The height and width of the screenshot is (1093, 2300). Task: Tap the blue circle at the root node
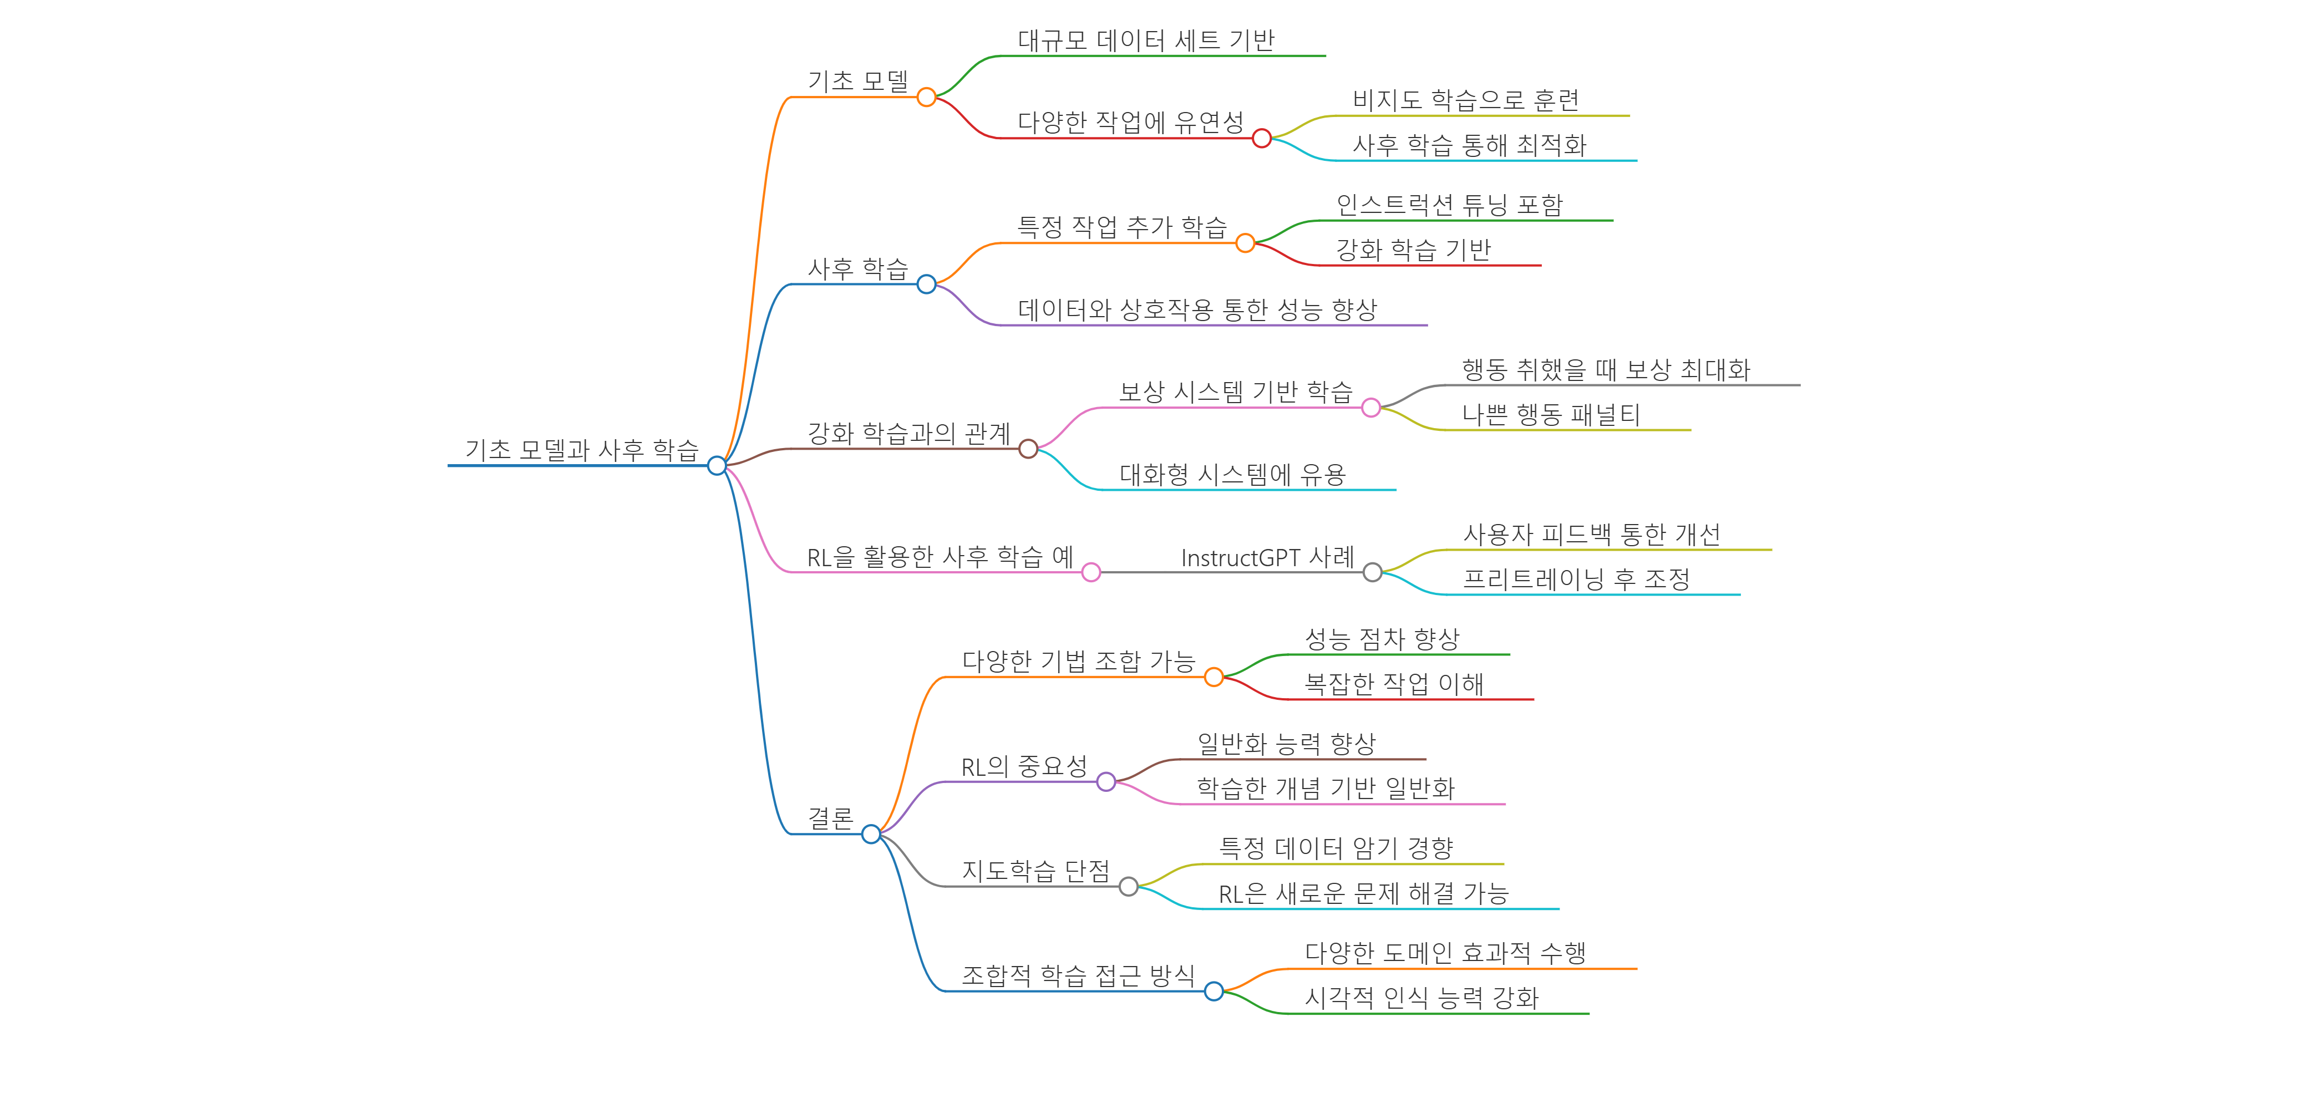pos(716,465)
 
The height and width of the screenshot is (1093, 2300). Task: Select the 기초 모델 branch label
pos(857,82)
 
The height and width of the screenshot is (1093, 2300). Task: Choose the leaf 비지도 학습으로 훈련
pos(1465,100)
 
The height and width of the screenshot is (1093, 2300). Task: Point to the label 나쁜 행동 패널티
pos(1551,414)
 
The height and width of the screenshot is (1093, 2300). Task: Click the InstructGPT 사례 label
pos(1267,557)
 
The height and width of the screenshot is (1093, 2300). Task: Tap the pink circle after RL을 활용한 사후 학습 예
pos(1091,572)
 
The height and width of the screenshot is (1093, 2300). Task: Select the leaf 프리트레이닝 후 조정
pos(1576,579)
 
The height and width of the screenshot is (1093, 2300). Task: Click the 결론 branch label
pos(830,818)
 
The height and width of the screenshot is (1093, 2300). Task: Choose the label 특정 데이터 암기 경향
pos(1336,848)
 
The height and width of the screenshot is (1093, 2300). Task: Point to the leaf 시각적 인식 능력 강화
pos(1421,998)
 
